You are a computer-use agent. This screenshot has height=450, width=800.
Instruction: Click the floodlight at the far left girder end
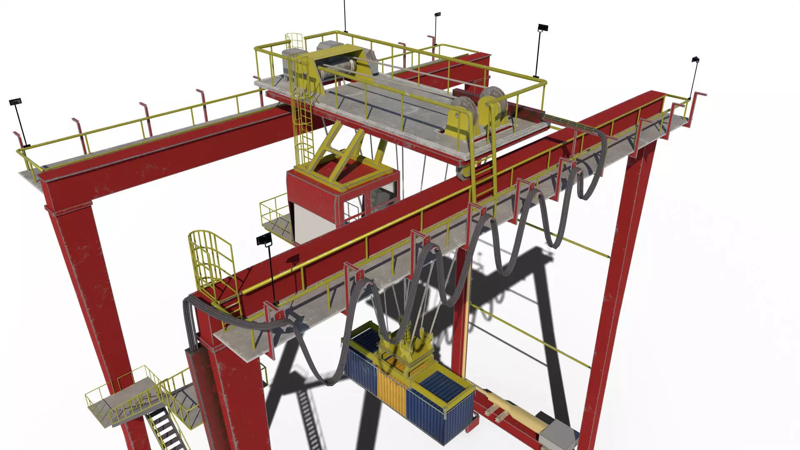(15, 102)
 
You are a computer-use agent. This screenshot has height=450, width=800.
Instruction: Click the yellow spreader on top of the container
(406, 354)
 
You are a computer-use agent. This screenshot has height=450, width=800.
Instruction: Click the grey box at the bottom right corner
(556, 433)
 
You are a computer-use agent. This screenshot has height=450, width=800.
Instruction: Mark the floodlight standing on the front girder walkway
(264, 240)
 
